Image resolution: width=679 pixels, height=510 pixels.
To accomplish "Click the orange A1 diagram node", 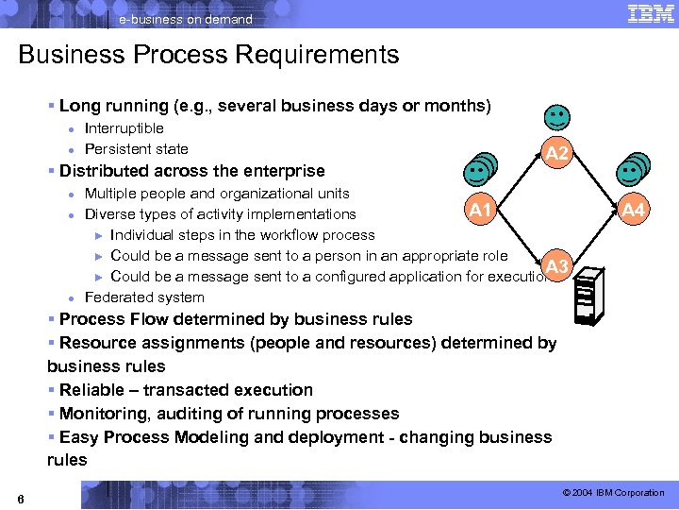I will [481, 210].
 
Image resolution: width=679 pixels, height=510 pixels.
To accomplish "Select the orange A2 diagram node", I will [557, 153].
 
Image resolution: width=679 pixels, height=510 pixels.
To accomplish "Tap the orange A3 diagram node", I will [557, 266].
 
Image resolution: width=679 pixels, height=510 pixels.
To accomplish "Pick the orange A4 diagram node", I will [634, 211].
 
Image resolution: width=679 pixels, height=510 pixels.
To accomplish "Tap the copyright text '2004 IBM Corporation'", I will [618, 493].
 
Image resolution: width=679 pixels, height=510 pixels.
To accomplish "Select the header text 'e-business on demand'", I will [186, 19].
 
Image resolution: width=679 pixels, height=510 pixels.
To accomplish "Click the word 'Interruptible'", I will [124, 127].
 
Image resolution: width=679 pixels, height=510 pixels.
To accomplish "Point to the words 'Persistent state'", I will [136, 148].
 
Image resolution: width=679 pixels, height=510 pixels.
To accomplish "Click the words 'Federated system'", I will [143, 297].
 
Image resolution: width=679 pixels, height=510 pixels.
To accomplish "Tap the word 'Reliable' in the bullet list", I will [91, 390].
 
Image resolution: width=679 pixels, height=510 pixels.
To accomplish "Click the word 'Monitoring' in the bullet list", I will [101, 414].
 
